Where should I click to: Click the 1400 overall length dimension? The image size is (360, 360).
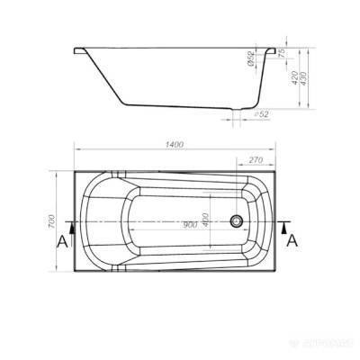click(x=175, y=143)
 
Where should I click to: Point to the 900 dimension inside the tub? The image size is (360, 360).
click(x=188, y=225)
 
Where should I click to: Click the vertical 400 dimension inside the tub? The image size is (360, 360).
click(x=206, y=219)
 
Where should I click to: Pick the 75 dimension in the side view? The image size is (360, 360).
click(x=283, y=53)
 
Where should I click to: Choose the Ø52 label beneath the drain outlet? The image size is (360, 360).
click(x=262, y=114)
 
